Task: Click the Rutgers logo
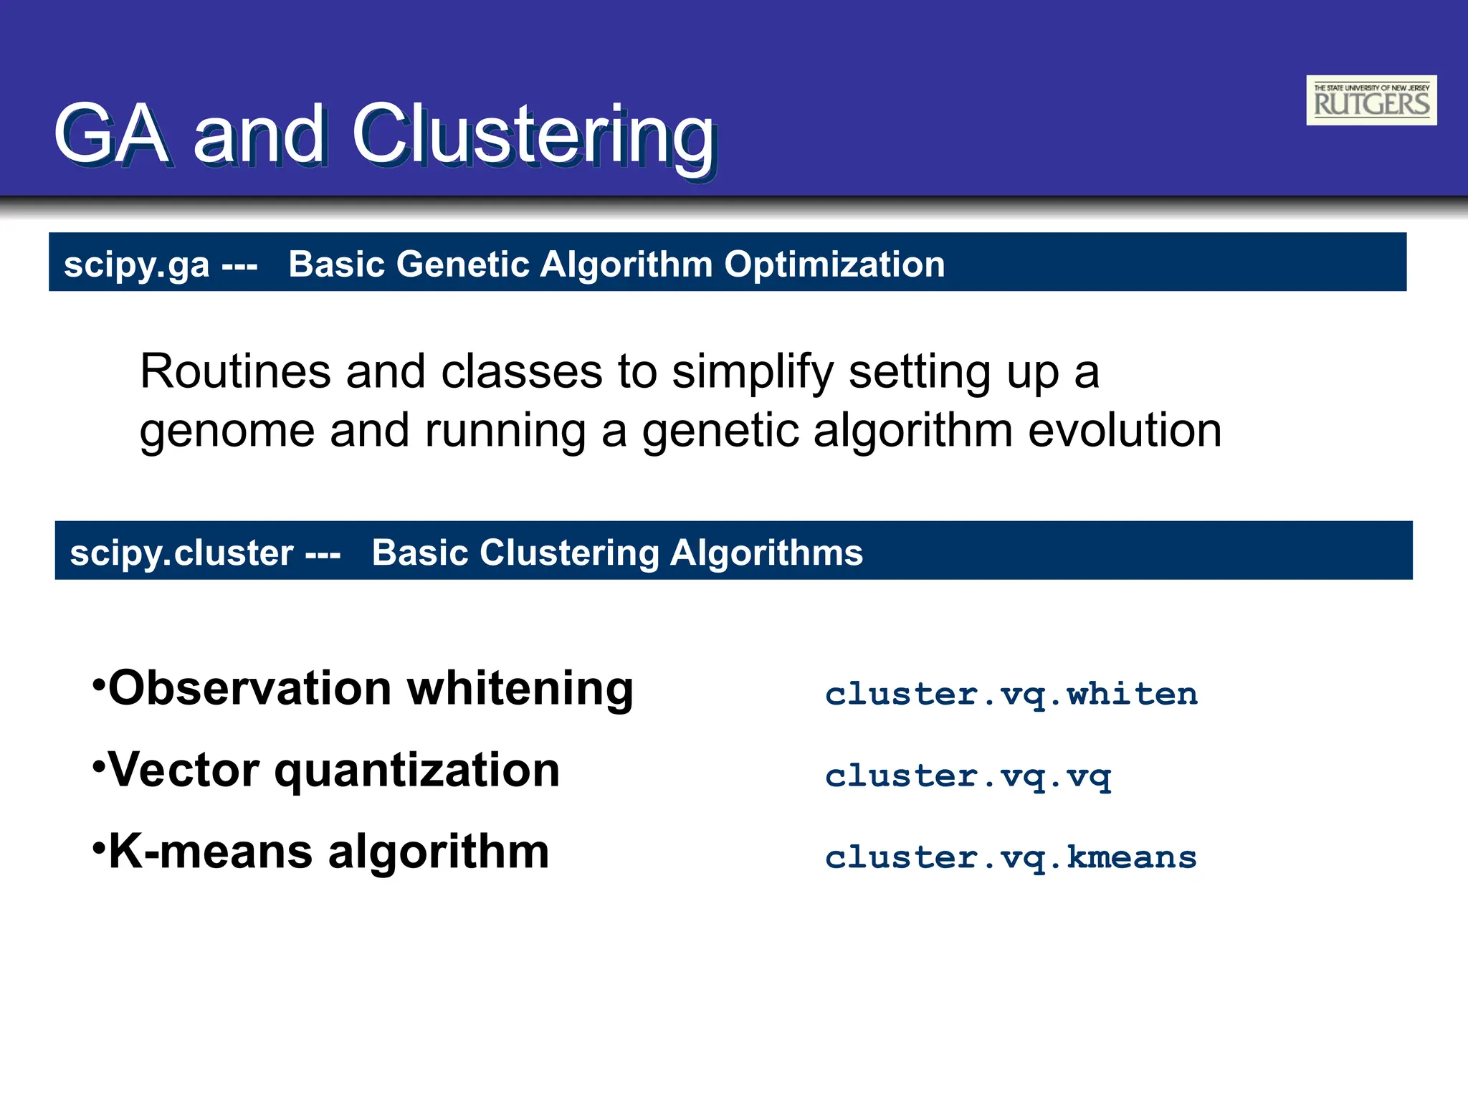[1371, 100]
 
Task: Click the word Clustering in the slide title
[534, 135]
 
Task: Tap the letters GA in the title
[112, 135]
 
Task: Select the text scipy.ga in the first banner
[136, 264]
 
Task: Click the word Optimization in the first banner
[834, 264]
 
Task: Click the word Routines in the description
[235, 372]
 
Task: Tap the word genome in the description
[227, 432]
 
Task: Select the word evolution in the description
[1124, 431]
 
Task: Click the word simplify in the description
[753, 373]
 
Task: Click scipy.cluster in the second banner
[181, 553]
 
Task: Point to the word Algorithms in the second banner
[766, 553]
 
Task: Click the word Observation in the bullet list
[249, 688]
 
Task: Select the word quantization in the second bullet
[417, 771]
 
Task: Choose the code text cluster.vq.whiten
[1011, 694]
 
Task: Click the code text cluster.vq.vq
[968, 776]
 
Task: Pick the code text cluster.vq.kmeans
[1011, 857]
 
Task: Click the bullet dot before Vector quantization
[99, 764]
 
